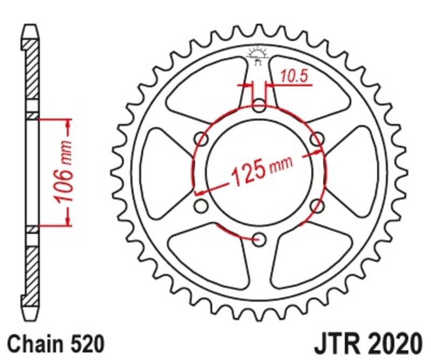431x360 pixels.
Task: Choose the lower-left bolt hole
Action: click(201, 205)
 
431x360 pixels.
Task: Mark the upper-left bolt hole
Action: click(201, 139)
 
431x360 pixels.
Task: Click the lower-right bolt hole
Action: click(317, 205)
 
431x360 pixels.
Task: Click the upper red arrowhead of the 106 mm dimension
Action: click(68, 126)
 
